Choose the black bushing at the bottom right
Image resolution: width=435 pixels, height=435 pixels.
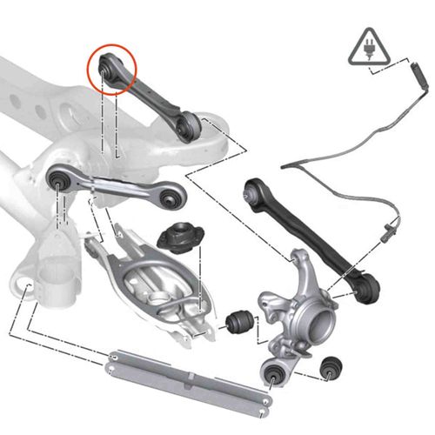331,368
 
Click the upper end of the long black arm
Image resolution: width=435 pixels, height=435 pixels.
253,190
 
